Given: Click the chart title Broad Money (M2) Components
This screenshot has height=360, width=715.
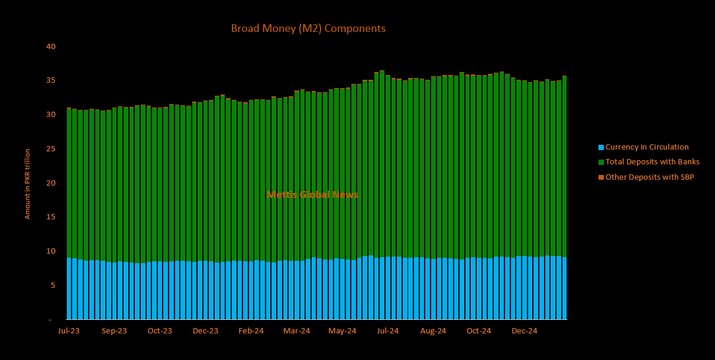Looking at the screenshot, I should pyautogui.click(x=308, y=28).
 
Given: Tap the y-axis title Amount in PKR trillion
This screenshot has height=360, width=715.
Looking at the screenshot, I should pyautogui.click(x=27, y=184).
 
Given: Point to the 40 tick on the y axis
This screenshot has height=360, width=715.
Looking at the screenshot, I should pyautogui.click(x=51, y=46).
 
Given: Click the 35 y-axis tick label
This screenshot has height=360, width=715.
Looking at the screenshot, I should pyautogui.click(x=51, y=80).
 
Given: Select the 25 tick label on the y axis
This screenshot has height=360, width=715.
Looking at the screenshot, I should pyautogui.click(x=51, y=149).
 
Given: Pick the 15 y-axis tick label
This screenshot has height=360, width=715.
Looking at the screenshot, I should pyautogui.click(x=51, y=217).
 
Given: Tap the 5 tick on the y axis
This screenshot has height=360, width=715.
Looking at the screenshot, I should pyautogui.click(x=53, y=286).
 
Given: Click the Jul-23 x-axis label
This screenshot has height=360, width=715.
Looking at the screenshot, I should pyautogui.click(x=69, y=331).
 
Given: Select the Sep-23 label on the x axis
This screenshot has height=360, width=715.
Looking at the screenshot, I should pyautogui.click(x=114, y=331).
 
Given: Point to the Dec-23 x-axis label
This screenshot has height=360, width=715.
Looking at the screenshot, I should pyautogui.click(x=205, y=331).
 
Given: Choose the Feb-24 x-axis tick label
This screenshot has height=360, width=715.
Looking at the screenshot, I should pyautogui.click(x=251, y=331).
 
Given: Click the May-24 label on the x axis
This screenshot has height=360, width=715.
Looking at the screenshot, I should pyautogui.click(x=342, y=331).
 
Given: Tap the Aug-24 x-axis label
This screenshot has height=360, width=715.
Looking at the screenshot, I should pyautogui.click(x=433, y=331).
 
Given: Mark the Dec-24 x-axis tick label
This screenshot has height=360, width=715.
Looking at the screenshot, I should pyautogui.click(x=524, y=331).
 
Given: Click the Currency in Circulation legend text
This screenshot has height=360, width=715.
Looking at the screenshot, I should pyautogui.click(x=647, y=147).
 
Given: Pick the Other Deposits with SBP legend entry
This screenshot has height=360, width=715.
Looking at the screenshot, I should pyautogui.click(x=649, y=177).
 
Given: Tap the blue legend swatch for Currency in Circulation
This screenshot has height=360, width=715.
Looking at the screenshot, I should pyautogui.click(x=601, y=147).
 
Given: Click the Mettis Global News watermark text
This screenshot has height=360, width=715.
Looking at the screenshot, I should pyautogui.click(x=312, y=194).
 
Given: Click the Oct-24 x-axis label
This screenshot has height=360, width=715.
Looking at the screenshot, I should pyautogui.click(x=478, y=331).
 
